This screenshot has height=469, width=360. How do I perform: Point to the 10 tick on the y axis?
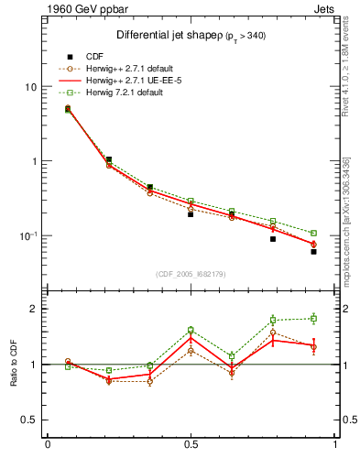coord(31,87)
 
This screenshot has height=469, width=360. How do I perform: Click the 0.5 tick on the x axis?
coord(191,445)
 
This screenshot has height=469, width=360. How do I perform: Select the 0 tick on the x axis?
coord(47,445)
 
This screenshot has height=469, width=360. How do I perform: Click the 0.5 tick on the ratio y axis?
coord(30,420)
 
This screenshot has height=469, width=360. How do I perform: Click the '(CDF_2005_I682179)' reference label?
coord(191,274)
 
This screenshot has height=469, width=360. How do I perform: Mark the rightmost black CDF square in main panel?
coord(313,251)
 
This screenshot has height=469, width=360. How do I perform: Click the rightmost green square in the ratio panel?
coord(313,319)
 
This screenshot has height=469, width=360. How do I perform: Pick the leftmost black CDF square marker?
coord(68,109)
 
